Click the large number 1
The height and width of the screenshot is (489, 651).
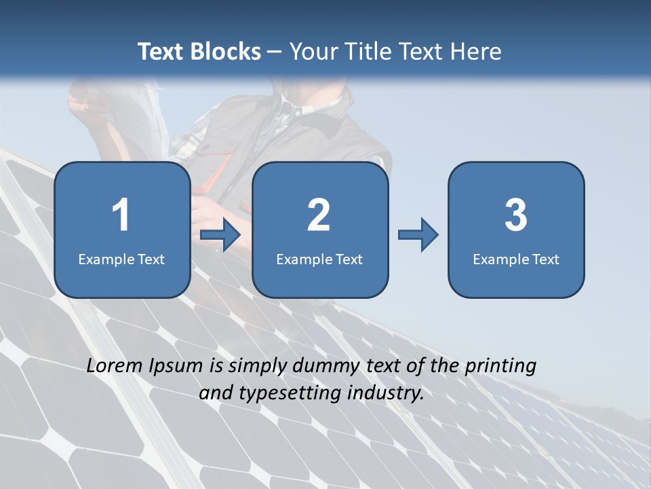121,215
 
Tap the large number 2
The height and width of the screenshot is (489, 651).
319,215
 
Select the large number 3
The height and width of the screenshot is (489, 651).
515,215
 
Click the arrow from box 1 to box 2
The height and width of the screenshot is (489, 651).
220,235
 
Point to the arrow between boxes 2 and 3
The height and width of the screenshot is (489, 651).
418,235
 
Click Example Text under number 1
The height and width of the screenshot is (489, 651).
121,259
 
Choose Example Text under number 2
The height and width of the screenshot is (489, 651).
319,259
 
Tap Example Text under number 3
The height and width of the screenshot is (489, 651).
516,259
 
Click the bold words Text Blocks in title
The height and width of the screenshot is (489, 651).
199,51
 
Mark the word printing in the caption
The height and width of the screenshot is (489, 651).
500,366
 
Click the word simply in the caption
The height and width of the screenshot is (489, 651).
258,366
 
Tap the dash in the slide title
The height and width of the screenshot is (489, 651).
275,52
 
